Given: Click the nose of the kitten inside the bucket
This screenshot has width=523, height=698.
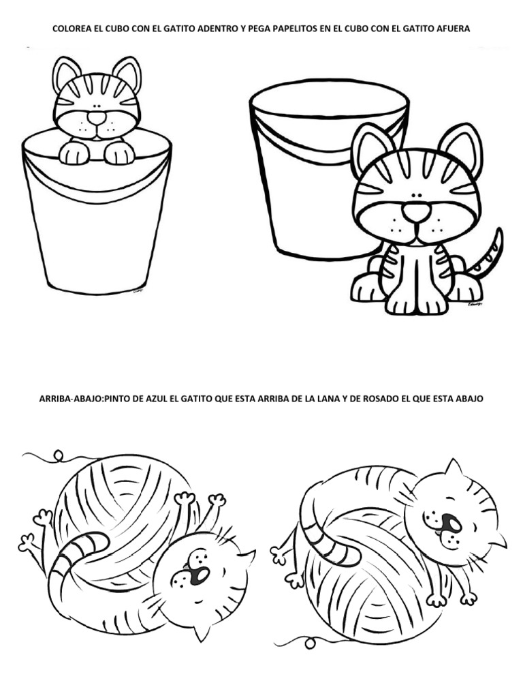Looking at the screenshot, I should tap(97, 118).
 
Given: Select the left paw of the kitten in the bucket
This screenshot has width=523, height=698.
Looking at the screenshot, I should tap(74, 153).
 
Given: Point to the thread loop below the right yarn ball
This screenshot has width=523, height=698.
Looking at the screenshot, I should tap(311, 642).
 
